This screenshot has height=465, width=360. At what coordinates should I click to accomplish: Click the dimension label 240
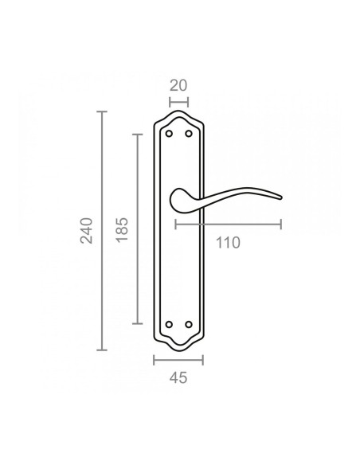tap(86, 231)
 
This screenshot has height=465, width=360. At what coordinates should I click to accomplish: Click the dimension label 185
tap(122, 230)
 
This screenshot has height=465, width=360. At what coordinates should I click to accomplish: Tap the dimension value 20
tap(178, 86)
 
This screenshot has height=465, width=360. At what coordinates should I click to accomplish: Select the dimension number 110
tap(228, 243)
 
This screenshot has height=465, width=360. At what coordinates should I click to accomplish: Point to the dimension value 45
tap(178, 378)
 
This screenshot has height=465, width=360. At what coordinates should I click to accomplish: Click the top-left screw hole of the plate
tap(169, 134)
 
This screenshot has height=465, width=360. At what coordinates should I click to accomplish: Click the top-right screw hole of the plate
tap(189, 134)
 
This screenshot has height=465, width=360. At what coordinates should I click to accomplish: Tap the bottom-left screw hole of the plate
tap(169, 325)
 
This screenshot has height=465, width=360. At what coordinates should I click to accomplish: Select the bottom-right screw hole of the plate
tap(189, 325)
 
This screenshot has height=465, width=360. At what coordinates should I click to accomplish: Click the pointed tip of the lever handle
tap(281, 197)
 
